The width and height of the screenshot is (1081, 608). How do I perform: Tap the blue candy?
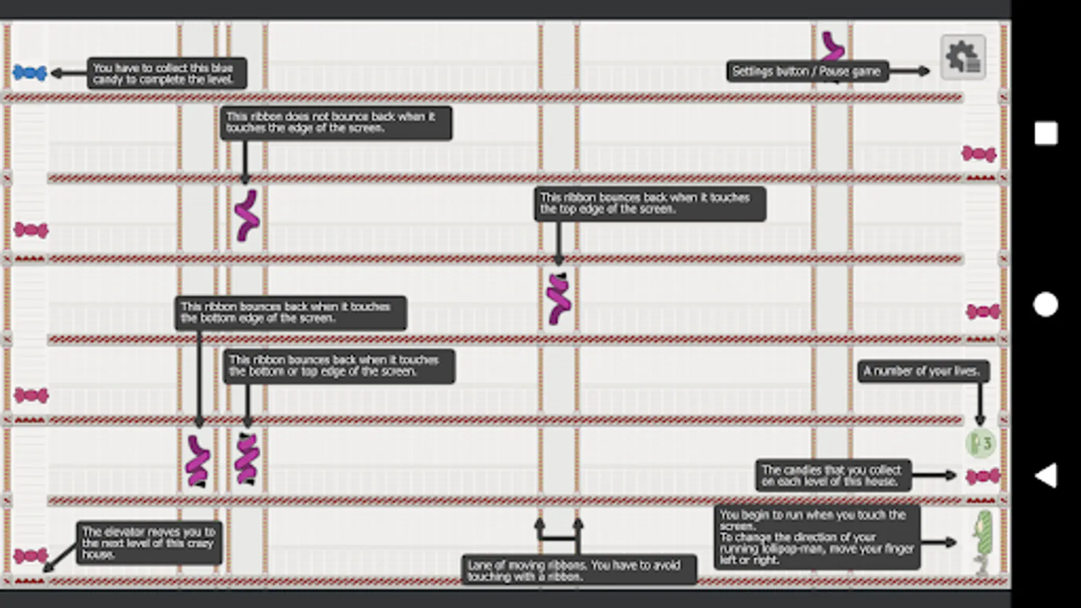[x=30, y=72]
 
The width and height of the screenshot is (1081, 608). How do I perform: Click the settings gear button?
[x=963, y=57]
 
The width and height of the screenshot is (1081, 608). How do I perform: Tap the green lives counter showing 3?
[x=980, y=443]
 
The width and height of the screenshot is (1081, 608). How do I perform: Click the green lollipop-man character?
[x=983, y=543]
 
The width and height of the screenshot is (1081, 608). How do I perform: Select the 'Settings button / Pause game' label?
[x=807, y=72]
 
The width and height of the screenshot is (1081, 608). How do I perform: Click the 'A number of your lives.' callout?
[x=923, y=372]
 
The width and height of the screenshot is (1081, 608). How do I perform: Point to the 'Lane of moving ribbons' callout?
[x=579, y=570]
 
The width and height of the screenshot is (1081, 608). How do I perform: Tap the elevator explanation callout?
[x=149, y=543]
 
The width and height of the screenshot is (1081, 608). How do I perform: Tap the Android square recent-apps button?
[x=1046, y=133]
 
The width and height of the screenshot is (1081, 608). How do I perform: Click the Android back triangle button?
[x=1046, y=476]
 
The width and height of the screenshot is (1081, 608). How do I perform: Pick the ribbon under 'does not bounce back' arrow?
[x=247, y=216]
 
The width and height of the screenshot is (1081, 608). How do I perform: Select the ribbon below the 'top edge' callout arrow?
[x=559, y=299]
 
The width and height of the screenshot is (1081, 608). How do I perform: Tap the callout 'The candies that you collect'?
[x=833, y=476]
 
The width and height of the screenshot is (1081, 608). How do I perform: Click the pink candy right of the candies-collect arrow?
[x=983, y=476]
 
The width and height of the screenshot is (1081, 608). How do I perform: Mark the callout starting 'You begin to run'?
[x=817, y=537]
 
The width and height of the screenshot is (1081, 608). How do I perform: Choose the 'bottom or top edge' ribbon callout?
[x=338, y=366]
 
